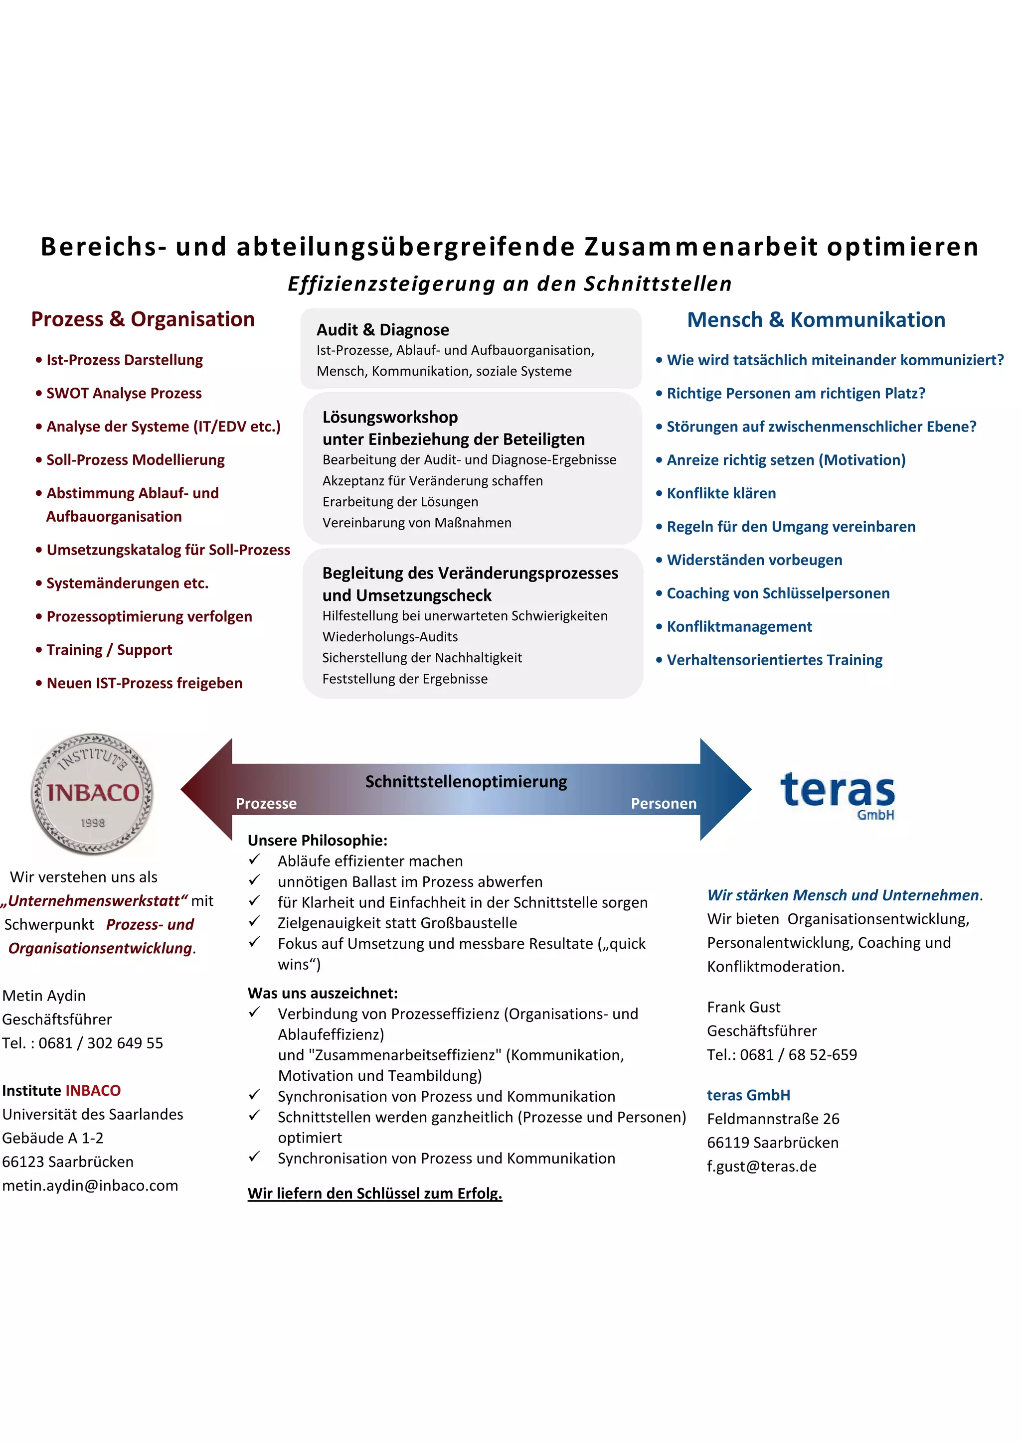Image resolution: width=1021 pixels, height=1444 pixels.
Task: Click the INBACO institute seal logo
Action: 92,793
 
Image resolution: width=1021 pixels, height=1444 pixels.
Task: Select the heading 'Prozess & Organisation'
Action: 143,319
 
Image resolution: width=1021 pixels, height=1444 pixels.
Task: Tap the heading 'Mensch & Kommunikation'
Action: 816,320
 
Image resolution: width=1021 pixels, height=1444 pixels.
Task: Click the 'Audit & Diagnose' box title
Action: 382,329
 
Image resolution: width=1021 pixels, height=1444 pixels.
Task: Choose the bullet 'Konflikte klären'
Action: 721,493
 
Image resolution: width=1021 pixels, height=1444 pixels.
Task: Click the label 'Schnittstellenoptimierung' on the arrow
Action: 466,781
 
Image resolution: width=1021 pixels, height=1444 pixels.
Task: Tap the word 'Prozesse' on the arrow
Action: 266,803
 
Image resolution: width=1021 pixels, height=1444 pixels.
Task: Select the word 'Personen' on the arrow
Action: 664,803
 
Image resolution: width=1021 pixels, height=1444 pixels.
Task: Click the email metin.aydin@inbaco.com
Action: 90,1185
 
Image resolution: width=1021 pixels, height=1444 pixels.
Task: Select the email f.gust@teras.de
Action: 761,1166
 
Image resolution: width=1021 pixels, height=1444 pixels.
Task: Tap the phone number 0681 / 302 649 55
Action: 101,1043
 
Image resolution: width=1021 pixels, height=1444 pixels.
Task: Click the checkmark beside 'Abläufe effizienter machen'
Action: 254,859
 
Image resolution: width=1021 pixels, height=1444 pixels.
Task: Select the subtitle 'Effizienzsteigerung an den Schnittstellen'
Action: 510,284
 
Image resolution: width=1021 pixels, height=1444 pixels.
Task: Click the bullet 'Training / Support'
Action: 109,650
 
